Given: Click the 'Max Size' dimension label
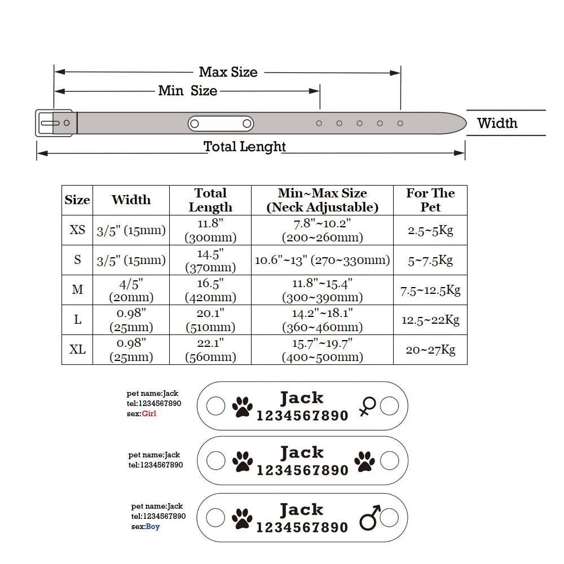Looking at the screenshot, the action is click(228, 72).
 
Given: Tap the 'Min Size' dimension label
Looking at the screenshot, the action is click(188, 91).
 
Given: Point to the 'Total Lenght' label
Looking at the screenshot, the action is click(245, 147).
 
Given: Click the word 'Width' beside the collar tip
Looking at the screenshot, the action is click(497, 123).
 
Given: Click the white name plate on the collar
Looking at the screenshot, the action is click(221, 124).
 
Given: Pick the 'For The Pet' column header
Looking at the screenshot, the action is click(430, 200).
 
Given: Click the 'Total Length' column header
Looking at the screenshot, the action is click(210, 200).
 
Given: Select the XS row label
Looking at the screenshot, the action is click(77, 230).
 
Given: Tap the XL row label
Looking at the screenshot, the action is click(77, 349).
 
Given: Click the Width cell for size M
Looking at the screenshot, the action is click(131, 290).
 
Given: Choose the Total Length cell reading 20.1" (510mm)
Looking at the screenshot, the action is click(210, 320).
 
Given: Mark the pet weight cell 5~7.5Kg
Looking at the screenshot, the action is click(430, 260).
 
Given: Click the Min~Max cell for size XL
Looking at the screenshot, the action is click(322, 350).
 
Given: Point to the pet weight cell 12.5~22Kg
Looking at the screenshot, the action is click(430, 320).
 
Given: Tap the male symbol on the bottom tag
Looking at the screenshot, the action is click(370, 518).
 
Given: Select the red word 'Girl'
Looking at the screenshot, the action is click(149, 413).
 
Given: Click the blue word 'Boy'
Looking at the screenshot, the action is click(153, 527).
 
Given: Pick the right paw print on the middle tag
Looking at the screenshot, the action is click(364, 461).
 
